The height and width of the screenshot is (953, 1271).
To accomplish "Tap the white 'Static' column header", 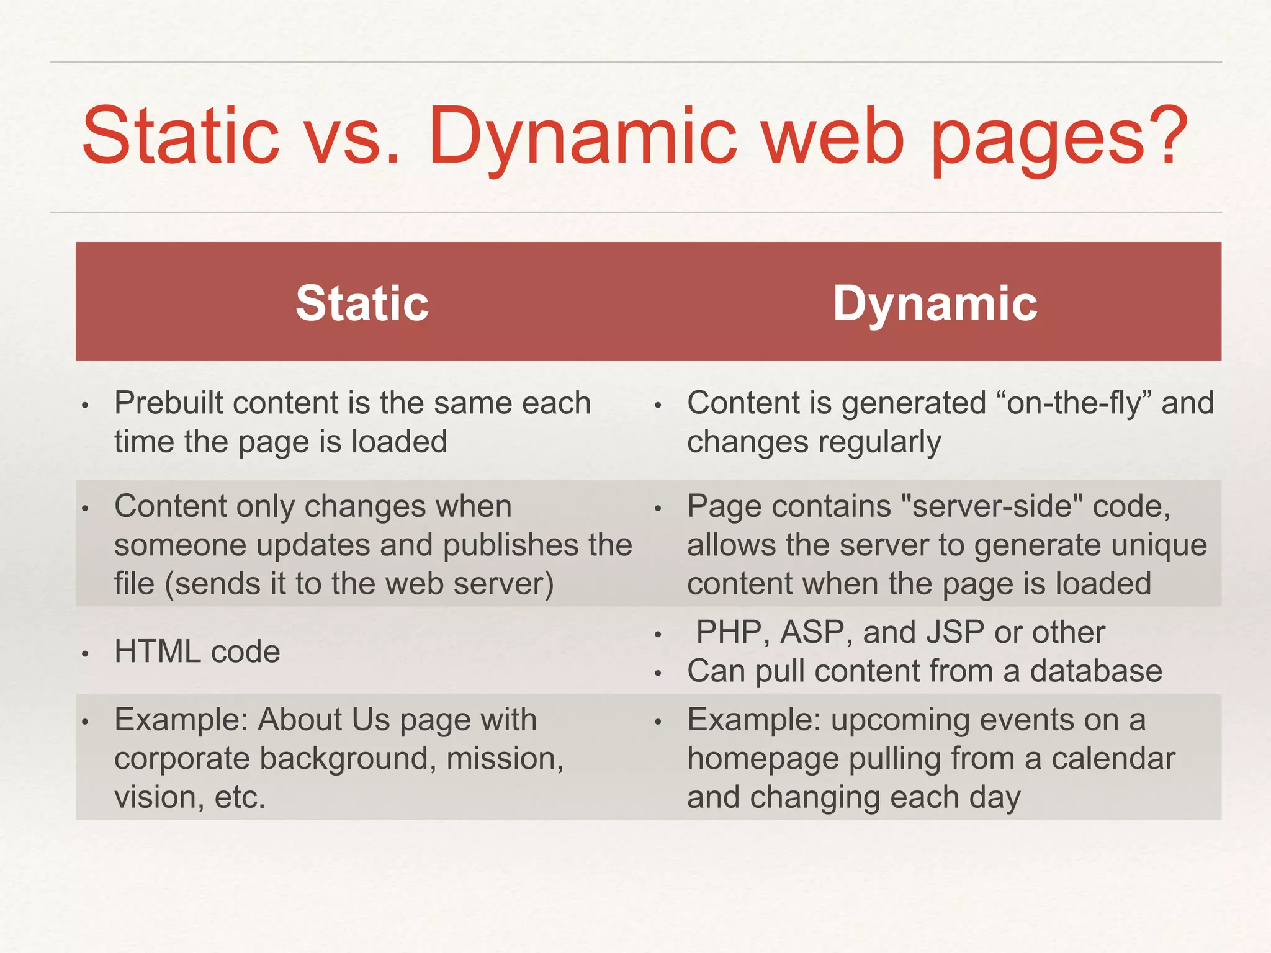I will [362, 303].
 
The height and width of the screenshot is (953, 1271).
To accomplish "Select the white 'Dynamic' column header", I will [935, 303].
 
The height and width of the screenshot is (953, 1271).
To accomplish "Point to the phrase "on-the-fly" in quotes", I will [1074, 403].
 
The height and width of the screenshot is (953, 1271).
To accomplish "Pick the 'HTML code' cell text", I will [197, 652].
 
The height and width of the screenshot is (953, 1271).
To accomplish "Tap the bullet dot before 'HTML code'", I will [86, 654].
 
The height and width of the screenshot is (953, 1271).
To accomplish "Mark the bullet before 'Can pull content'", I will [658, 673].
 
